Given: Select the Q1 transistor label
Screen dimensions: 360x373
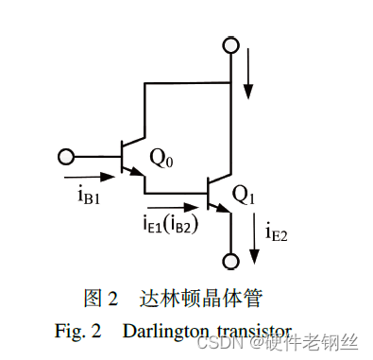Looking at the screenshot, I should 244,197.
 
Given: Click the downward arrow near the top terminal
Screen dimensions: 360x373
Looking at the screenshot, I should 248,77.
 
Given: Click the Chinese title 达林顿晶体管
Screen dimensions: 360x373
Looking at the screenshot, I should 199,299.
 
